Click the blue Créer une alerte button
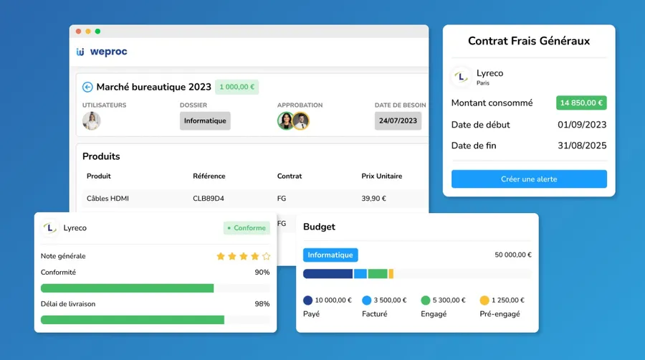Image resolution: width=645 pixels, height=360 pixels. coord(529,179)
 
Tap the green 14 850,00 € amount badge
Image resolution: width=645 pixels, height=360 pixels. coord(581,103)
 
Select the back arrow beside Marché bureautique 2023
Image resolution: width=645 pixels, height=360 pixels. coord(87,87)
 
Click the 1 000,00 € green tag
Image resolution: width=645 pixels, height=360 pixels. coord(237,87)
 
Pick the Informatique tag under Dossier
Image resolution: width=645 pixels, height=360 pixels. coord(205,121)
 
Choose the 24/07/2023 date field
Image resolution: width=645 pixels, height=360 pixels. coord(398,121)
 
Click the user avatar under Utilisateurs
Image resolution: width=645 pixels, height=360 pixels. coord(91,121)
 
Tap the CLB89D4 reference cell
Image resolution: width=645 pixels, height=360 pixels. coord(209,199)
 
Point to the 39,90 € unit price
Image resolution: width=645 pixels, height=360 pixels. coord(373,199)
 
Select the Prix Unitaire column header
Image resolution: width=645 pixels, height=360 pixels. coord(382,176)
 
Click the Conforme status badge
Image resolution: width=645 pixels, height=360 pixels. coord(247,228)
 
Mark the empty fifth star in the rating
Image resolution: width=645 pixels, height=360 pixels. coord(266,256)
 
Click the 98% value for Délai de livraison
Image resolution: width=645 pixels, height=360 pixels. coord(262,304)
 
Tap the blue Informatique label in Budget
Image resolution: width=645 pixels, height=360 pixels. coord(330,255)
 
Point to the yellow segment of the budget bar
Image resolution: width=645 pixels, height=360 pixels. coord(391,274)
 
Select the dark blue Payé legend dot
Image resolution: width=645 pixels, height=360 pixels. coord(307,300)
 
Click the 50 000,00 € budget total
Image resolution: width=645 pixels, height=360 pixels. coord(513,255)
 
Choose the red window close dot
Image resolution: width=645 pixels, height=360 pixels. coord(79,32)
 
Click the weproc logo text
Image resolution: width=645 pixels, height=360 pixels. coord(109,52)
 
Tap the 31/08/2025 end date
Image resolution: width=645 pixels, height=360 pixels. coord(582,146)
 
